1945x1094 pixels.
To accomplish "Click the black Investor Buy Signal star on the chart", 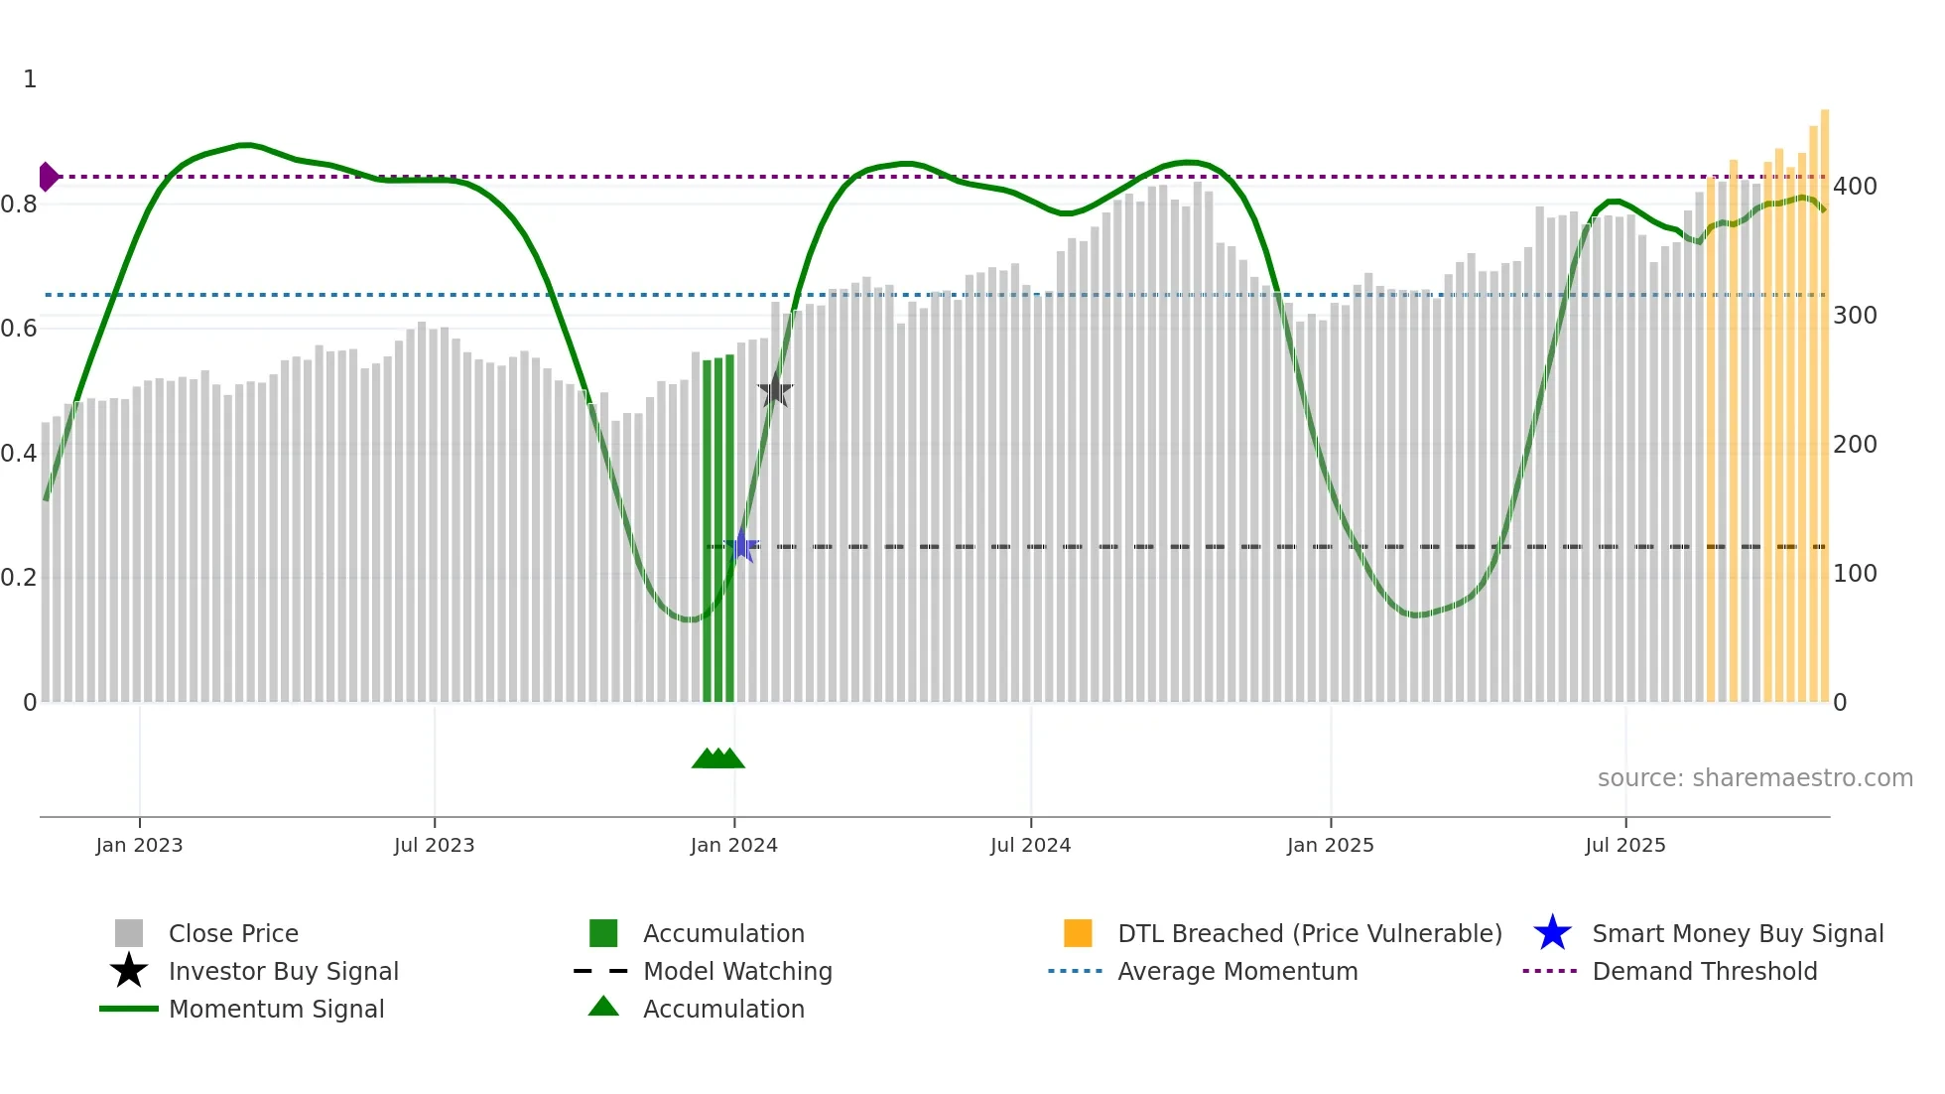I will point(775,390).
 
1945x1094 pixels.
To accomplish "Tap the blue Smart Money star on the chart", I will point(741,546).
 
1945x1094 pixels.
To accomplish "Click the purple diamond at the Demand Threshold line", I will point(48,177).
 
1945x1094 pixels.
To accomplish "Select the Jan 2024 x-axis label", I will point(733,845).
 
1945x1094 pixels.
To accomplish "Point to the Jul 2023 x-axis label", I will point(434,845).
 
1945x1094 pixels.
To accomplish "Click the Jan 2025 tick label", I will point(1330,845).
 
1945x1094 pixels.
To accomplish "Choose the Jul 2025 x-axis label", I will point(1624,845).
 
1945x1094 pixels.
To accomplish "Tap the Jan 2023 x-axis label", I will point(139,845).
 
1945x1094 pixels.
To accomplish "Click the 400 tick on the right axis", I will point(1855,187).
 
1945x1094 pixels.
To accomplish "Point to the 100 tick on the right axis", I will point(1855,574).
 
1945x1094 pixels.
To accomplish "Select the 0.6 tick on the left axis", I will point(19,329).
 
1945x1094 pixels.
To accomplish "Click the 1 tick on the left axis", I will point(30,79).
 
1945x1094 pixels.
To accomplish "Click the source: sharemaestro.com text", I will point(1754,778).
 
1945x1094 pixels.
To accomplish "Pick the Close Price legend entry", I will point(233,933).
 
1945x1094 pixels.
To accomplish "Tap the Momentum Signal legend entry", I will point(276,1009).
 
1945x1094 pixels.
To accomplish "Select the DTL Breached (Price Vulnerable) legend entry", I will point(1309,933).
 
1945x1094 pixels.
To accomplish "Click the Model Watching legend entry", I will point(737,971).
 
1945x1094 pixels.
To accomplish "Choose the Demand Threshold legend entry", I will point(1704,971).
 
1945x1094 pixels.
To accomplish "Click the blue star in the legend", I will point(1552,933).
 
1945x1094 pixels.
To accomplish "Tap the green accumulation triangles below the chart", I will point(717,758).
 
